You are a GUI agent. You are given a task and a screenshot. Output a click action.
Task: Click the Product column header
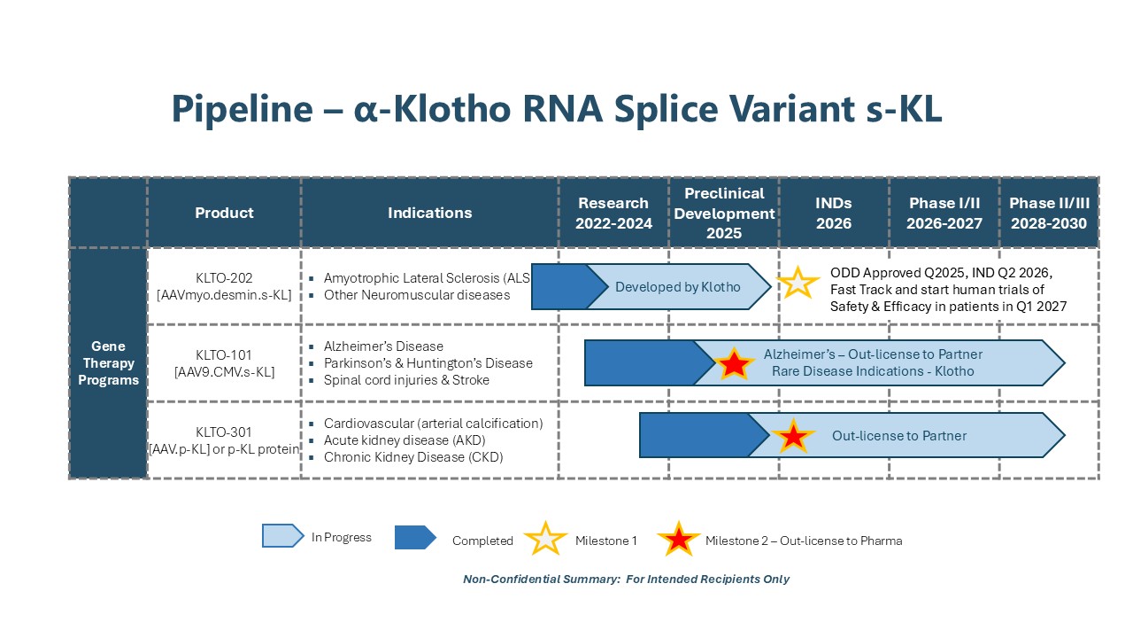[224, 213]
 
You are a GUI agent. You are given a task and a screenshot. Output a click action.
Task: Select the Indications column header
[430, 213]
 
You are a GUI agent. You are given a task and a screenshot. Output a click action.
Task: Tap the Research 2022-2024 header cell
[613, 214]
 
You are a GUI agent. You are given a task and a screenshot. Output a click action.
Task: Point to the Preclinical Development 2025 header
[724, 214]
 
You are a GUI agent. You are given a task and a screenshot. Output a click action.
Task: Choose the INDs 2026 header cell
[834, 214]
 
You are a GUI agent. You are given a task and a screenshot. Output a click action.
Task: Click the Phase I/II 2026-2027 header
[944, 214]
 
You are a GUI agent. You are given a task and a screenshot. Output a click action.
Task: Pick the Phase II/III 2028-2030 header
[1049, 214]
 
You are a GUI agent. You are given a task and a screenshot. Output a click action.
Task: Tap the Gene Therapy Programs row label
[108, 363]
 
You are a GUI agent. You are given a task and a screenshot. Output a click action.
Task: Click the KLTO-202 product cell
[224, 286]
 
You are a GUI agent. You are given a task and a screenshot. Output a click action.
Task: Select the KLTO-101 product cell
[224, 363]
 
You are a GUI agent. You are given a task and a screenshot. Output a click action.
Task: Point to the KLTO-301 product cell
[224, 440]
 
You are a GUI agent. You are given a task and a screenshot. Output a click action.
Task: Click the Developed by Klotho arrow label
[678, 287]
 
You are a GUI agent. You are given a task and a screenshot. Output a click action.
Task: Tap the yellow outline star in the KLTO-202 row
[798, 283]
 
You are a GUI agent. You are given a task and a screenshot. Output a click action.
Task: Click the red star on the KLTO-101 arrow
[734, 363]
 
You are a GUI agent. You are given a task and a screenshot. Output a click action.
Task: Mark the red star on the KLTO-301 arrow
[793, 435]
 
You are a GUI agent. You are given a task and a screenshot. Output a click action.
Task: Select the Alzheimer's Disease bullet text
[383, 346]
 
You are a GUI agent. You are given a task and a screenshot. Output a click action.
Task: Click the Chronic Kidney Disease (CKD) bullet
[413, 457]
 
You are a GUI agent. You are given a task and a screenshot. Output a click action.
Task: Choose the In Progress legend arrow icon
[282, 536]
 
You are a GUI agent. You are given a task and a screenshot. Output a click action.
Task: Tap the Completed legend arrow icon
[415, 537]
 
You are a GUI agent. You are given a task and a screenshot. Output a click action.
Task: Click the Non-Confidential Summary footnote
[626, 580]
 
